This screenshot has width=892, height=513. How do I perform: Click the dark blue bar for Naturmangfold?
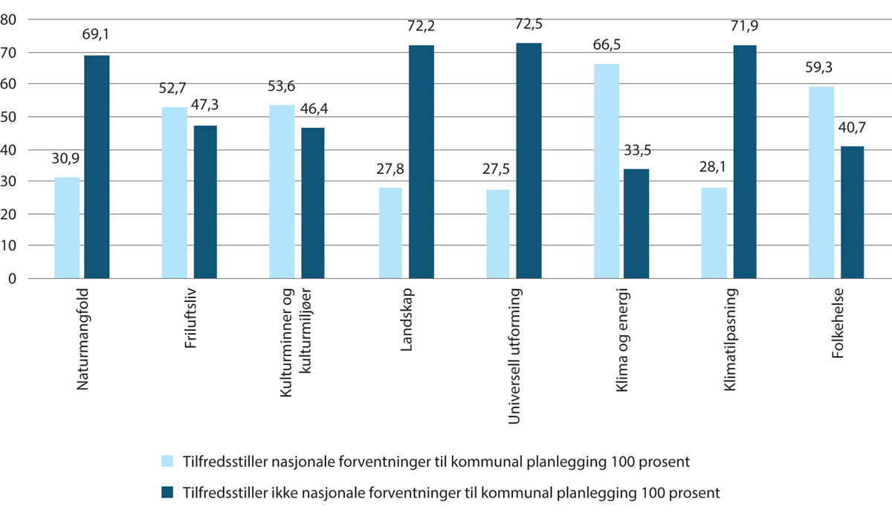tap(97, 167)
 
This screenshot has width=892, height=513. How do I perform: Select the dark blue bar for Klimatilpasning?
tap(746, 161)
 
